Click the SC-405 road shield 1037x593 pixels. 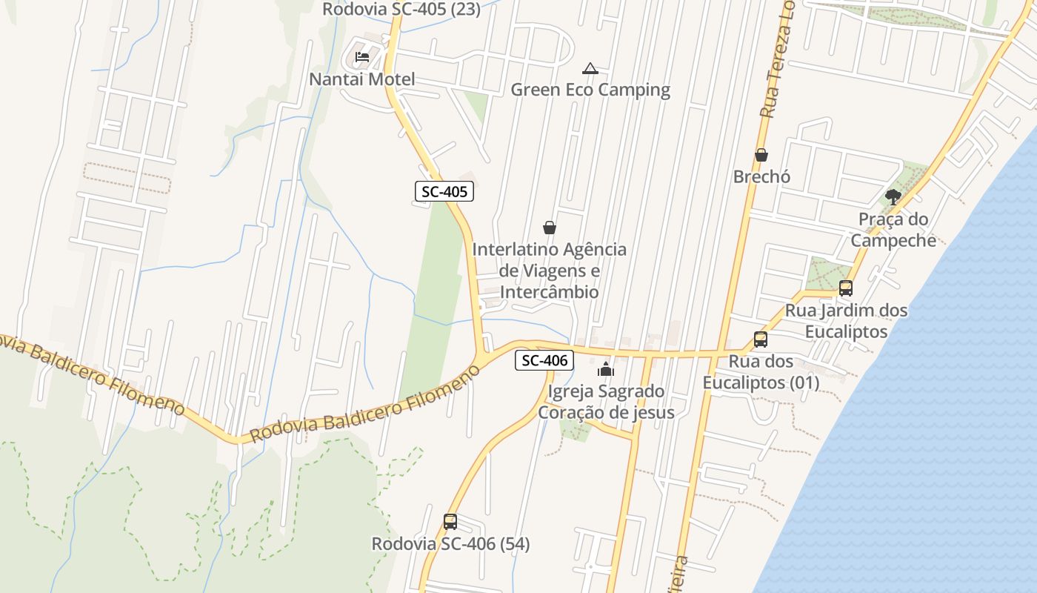pyautogui.click(x=444, y=192)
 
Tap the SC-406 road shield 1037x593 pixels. pyautogui.click(x=544, y=361)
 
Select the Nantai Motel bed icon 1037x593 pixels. pyautogui.click(x=362, y=56)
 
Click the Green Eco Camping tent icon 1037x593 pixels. pyautogui.click(x=590, y=69)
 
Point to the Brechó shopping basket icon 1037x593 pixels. pyautogui.click(x=761, y=155)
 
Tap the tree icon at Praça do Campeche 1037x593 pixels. pyautogui.click(x=893, y=197)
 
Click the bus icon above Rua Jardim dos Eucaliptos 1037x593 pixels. pyautogui.click(x=846, y=288)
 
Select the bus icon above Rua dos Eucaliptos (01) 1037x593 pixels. pyautogui.click(x=760, y=339)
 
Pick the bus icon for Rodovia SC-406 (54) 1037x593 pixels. pyautogui.click(x=450, y=522)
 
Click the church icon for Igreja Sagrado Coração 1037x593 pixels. pyautogui.click(x=606, y=368)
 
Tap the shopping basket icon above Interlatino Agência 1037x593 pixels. pyautogui.click(x=549, y=228)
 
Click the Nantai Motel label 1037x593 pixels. pyautogui.click(x=362, y=79)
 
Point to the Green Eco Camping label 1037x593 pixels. pyautogui.click(x=590, y=90)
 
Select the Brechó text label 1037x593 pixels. pyautogui.click(x=761, y=177)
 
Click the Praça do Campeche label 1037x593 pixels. pyautogui.click(x=893, y=229)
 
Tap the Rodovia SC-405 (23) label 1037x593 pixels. pyautogui.click(x=401, y=10)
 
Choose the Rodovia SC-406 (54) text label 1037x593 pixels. pyautogui.click(x=450, y=544)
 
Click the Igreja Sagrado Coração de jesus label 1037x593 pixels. pyautogui.click(x=606, y=402)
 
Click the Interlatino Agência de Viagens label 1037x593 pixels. pyautogui.click(x=549, y=271)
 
